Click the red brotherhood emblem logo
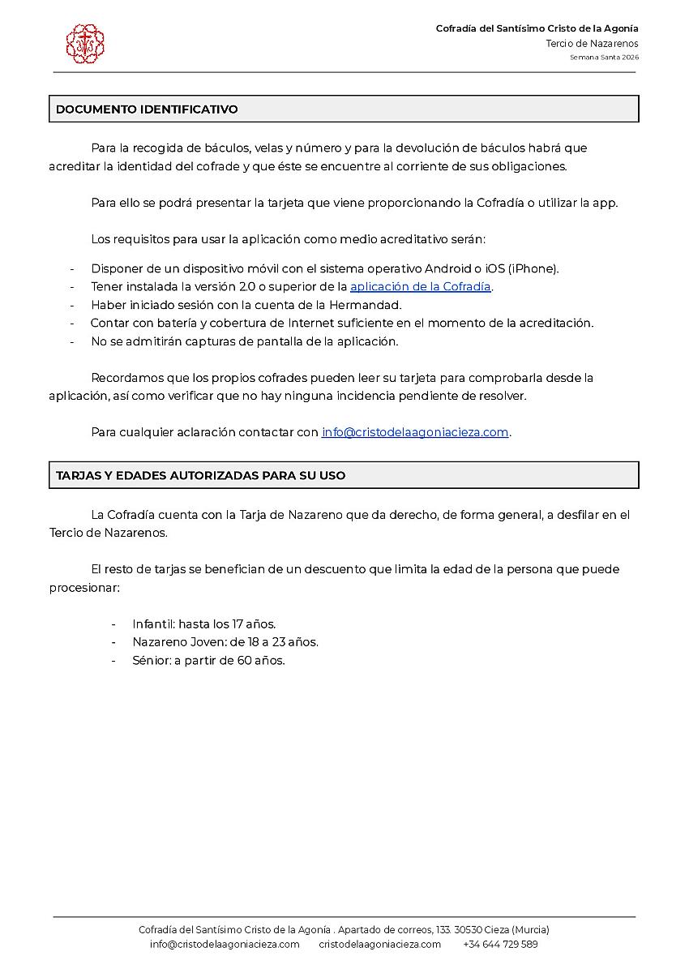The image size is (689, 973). (85, 44)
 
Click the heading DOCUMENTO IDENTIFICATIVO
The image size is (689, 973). (147, 109)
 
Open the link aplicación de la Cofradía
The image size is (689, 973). (420, 286)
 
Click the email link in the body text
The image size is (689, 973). (415, 432)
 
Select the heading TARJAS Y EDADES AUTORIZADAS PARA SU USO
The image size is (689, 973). (200, 475)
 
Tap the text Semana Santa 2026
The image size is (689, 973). (603, 58)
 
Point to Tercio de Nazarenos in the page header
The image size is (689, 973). (592, 43)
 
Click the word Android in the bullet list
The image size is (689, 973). (447, 268)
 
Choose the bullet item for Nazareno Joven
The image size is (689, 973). (225, 642)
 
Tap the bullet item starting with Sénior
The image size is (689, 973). (208, 660)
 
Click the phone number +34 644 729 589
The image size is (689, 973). (500, 944)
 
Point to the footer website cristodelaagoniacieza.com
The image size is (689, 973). (379, 944)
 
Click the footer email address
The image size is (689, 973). (225, 944)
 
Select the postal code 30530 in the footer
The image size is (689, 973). (469, 929)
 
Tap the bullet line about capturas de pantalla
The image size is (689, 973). (244, 341)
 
